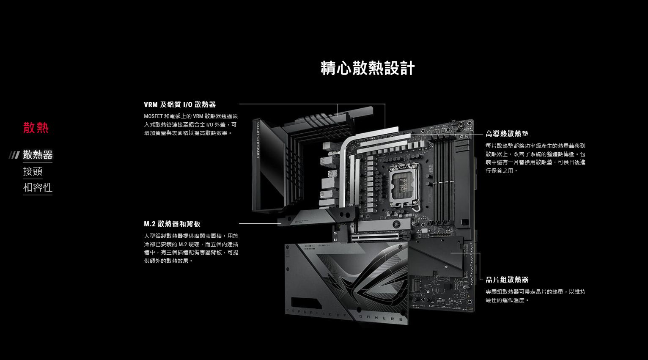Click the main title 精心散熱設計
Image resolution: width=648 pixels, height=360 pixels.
click(x=368, y=68)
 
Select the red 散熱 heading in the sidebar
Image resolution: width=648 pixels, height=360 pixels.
click(x=36, y=128)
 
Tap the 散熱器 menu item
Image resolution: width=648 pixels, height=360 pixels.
click(x=38, y=154)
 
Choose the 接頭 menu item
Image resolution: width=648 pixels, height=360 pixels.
click(x=33, y=171)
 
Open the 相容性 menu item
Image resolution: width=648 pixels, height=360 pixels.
click(x=38, y=187)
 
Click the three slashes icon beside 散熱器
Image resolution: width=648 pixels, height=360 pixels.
click(x=14, y=155)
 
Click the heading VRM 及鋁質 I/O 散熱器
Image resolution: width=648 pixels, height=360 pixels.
click(x=180, y=104)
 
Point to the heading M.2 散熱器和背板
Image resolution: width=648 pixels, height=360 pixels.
click(x=172, y=224)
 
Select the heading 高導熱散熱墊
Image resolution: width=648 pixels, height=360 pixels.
click(x=507, y=133)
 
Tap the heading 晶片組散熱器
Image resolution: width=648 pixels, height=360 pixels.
click(x=507, y=280)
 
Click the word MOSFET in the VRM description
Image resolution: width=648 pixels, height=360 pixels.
click(x=153, y=116)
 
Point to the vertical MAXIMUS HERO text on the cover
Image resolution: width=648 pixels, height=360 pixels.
click(x=258, y=140)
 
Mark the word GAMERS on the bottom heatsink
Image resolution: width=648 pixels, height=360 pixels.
click(x=381, y=318)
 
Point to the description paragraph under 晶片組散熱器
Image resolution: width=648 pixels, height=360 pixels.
click(x=535, y=296)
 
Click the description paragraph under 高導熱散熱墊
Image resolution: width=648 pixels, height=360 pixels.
click(x=535, y=158)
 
